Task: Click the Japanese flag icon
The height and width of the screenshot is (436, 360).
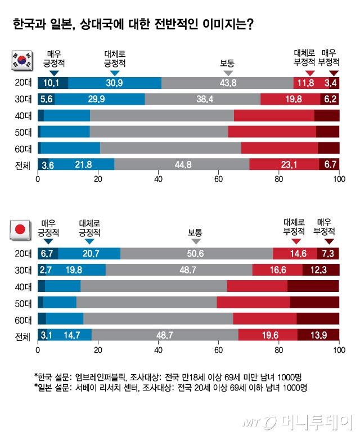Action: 21,230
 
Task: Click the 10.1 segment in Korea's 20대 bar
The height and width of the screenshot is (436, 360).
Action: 51,83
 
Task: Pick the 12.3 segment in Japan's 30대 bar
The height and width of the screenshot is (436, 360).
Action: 320,270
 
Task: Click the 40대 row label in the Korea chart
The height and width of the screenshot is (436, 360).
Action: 22,116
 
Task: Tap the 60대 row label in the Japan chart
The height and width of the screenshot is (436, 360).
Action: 22,319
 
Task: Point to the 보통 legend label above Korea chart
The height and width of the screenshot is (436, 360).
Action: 228,63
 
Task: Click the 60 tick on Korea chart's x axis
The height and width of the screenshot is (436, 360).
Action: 218,179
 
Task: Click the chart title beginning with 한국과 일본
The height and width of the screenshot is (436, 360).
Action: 133,25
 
